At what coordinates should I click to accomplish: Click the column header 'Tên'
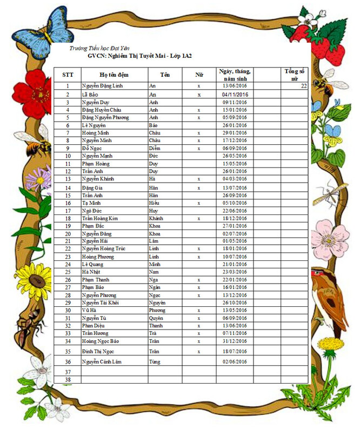[x=165, y=75]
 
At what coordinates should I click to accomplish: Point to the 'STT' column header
[x=68, y=75]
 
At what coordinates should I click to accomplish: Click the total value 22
[x=303, y=86]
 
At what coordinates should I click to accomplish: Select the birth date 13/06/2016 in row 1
[x=235, y=86]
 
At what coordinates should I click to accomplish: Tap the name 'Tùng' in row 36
[x=155, y=361]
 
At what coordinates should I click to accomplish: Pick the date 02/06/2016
[x=235, y=361]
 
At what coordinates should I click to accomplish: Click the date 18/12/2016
[x=235, y=218]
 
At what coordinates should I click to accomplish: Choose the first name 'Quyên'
[x=156, y=318]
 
